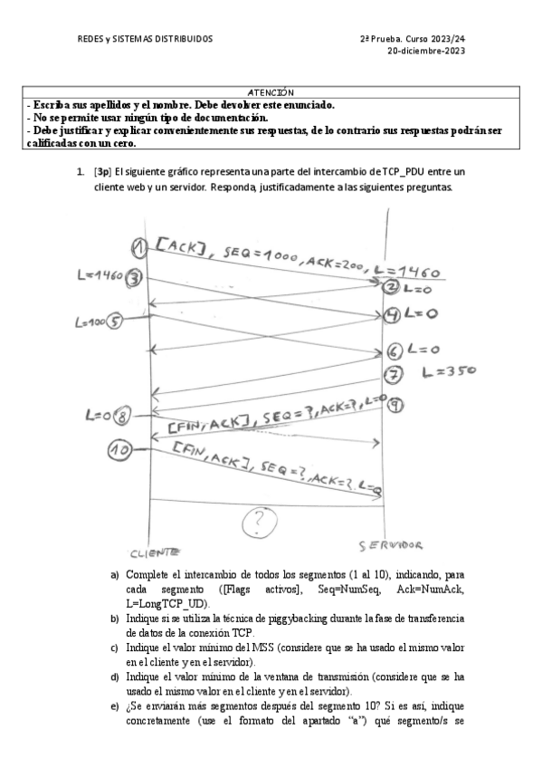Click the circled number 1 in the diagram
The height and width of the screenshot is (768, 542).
point(138,247)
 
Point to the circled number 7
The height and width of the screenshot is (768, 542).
point(393,374)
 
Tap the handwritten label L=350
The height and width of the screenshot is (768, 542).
point(449,370)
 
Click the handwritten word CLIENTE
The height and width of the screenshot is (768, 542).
point(155,551)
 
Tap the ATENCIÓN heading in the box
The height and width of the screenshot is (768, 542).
point(271,92)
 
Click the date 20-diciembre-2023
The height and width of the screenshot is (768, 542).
point(426,51)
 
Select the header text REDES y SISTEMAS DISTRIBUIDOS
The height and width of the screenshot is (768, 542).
point(145,39)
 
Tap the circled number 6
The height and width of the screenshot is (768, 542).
point(394,351)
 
